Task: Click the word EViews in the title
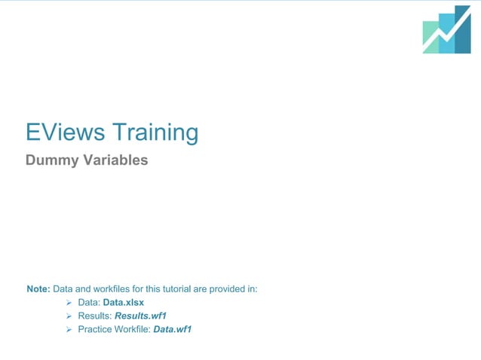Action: click(66, 133)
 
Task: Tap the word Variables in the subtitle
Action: click(115, 160)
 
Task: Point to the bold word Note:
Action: click(38, 288)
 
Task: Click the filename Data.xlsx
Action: click(124, 302)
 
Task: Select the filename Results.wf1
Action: click(140, 316)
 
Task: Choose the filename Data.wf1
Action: click(173, 329)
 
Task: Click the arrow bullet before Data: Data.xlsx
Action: click(69, 302)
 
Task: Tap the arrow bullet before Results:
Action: click(69, 316)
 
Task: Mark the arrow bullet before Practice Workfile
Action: click(69, 329)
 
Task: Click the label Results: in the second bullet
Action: click(95, 316)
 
